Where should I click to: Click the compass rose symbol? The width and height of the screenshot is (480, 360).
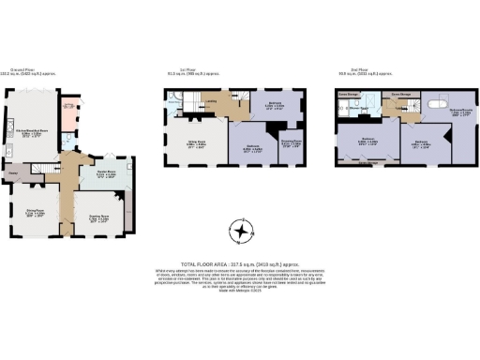click(242, 230)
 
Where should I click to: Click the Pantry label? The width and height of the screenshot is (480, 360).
click(15, 174)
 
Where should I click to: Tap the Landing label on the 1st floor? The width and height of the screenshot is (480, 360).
click(213, 99)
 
